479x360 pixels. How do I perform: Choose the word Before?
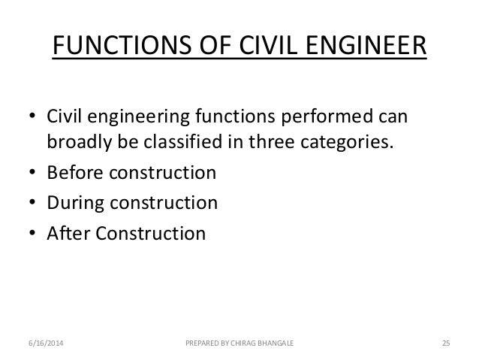click(x=73, y=174)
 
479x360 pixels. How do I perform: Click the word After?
click(x=68, y=233)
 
